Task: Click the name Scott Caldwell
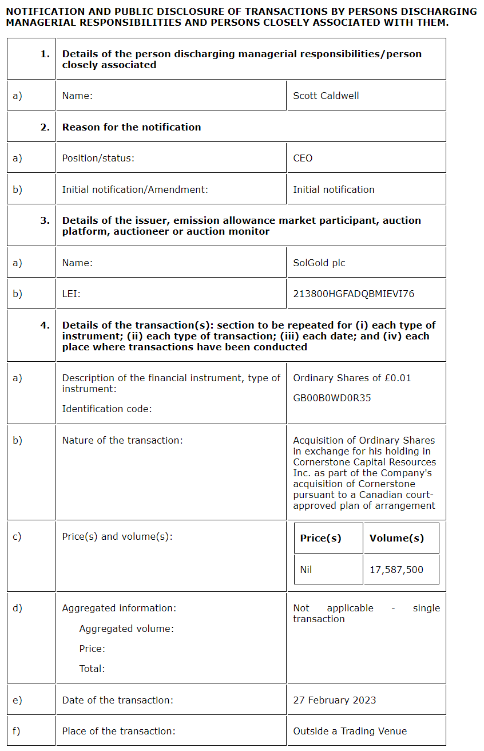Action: (326, 96)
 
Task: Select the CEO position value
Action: (303, 158)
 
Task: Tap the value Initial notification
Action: (334, 189)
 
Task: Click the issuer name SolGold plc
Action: (319, 263)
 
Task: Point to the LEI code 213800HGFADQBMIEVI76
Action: (354, 294)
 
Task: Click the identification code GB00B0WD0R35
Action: (332, 398)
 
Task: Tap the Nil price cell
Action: (306, 570)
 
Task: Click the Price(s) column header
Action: (320, 538)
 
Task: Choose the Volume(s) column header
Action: (396, 538)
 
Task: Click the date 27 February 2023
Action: (335, 700)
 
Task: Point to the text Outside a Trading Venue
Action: (350, 731)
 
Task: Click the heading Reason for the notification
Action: (132, 127)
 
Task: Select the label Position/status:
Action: (98, 158)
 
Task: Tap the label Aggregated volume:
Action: (126, 629)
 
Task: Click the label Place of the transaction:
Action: (118, 731)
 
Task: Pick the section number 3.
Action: (45, 220)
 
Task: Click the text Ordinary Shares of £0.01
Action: (352, 378)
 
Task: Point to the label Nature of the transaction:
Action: (122, 440)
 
